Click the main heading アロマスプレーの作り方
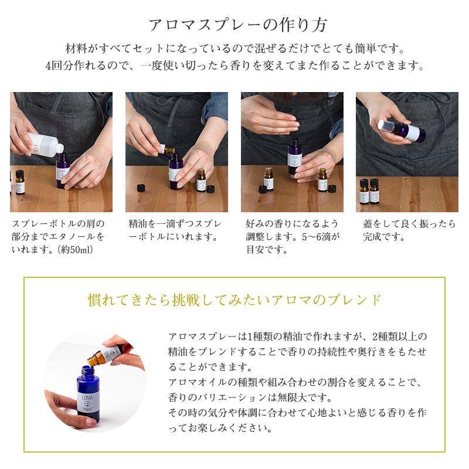coord(237,25)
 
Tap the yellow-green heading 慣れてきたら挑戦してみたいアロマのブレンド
coord(235,300)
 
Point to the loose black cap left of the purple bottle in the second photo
coord(141,188)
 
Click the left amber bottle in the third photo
coord(269,179)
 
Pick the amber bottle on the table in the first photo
coord(19,182)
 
